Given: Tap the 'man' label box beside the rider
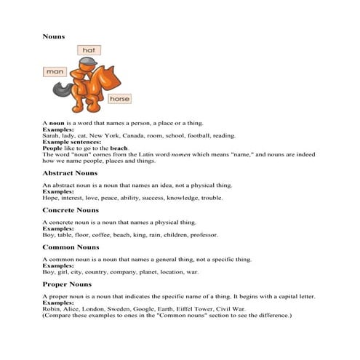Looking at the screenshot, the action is (x=55, y=72).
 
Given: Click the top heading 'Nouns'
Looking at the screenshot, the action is (x=54, y=36).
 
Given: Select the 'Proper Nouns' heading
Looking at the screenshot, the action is (x=68, y=284).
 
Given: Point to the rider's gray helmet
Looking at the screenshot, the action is (x=88, y=65).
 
